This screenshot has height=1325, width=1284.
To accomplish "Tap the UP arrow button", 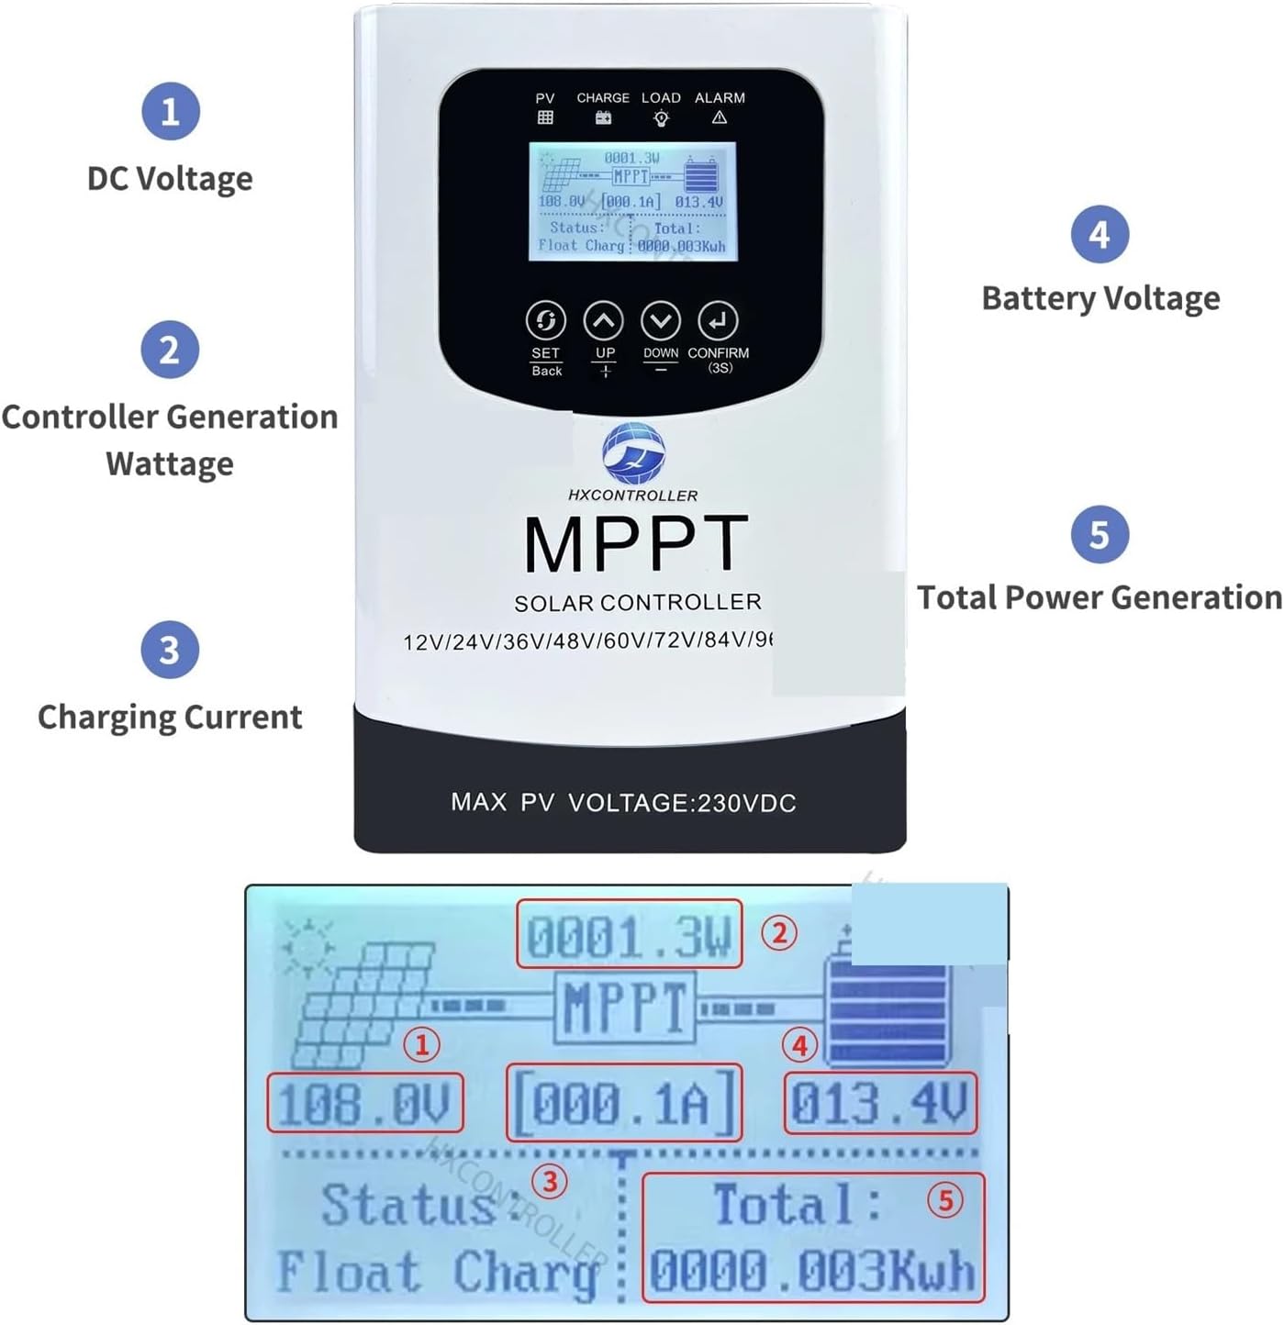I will tap(604, 321).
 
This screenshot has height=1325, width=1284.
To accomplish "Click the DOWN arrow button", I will tap(661, 321).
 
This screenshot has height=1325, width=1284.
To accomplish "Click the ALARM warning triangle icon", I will tap(720, 117).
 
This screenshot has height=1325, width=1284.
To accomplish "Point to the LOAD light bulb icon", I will tap(661, 118).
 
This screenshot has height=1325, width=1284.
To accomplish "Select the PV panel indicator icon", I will tap(545, 117).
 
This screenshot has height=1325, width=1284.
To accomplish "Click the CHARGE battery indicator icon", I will tap(603, 117).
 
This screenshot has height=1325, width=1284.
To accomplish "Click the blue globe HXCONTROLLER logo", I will tap(633, 453).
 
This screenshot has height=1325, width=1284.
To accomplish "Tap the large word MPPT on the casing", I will tap(635, 545).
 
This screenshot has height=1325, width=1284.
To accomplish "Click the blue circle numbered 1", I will tap(170, 111).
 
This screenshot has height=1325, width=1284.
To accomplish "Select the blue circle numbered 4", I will tap(1100, 234).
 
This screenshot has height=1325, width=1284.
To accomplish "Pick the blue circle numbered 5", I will tap(1100, 534).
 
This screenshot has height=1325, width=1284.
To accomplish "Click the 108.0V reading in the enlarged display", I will tap(364, 1103).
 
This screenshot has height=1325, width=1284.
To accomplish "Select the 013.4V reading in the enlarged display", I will tap(879, 1103).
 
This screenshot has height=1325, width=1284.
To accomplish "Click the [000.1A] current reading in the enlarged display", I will tap(624, 1103).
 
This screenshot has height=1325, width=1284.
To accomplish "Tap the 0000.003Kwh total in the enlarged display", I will tap(811, 1272).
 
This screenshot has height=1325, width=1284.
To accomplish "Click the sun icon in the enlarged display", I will tap(307, 946).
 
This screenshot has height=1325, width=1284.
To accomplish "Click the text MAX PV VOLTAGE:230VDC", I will tap(623, 803).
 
